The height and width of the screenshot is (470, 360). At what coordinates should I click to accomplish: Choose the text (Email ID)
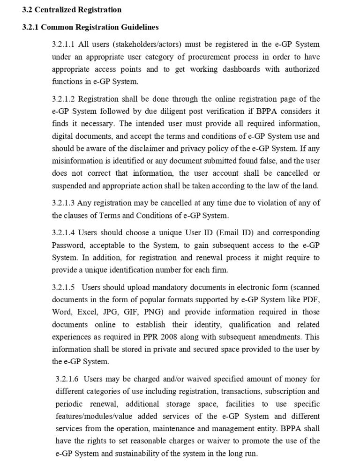211,232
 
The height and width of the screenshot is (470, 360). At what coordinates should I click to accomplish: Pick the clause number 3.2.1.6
67,379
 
